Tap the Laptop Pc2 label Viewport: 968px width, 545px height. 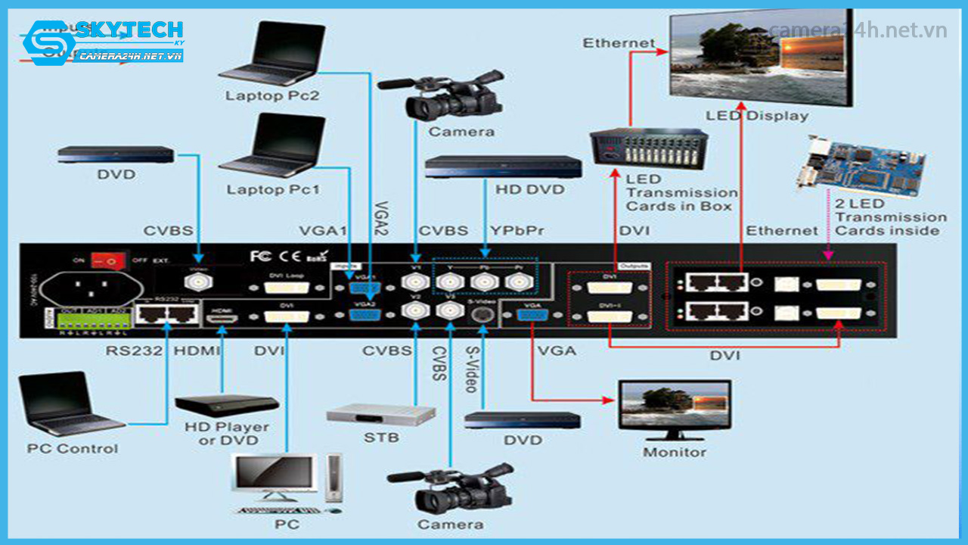click(x=271, y=96)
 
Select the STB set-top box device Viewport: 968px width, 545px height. click(x=381, y=415)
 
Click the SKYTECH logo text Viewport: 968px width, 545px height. click(x=128, y=30)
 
